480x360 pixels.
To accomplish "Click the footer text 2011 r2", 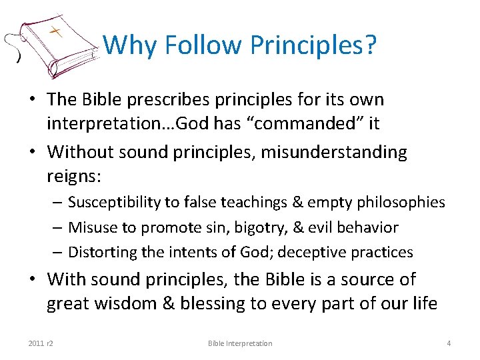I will [41, 343].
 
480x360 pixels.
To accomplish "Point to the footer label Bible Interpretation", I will [240, 343].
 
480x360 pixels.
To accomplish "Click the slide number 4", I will [449, 343].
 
